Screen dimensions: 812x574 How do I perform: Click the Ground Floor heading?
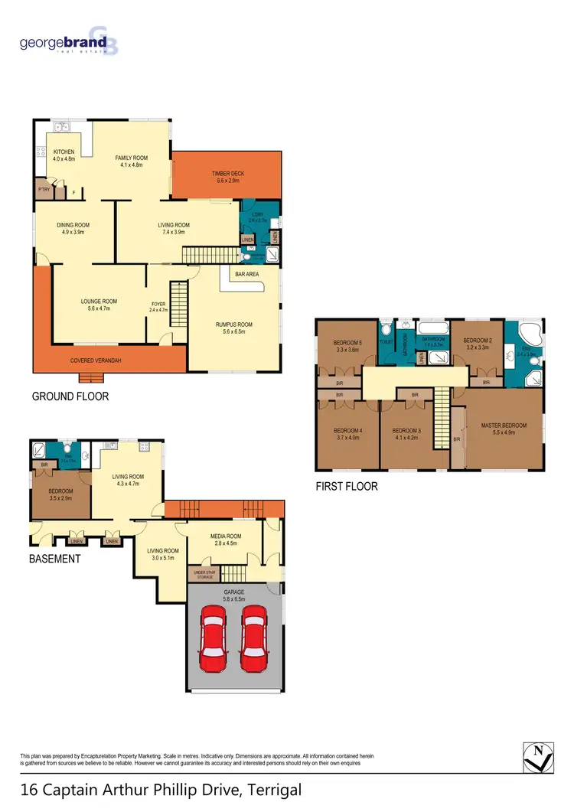pyautogui.click(x=70, y=396)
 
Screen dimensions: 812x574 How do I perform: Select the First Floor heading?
pyautogui.click(x=347, y=486)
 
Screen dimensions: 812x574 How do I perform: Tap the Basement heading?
pyautogui.click(x=54, y=559)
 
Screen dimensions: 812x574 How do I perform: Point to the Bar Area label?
pyautogui.click(x=246, y=273)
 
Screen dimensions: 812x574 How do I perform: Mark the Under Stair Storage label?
pyautogui.click(x=204, y=574)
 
